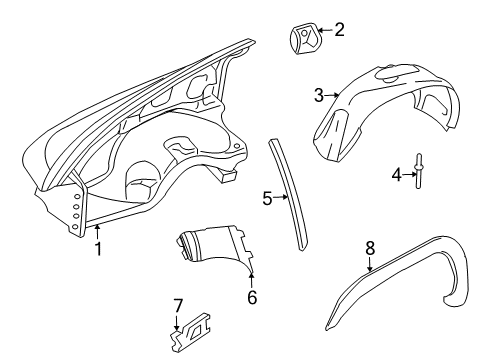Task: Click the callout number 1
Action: pyautogui.click(x=98, y=250)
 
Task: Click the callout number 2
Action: pyautogui.click(x=339, y=30)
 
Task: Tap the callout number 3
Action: pyautogui.click(x=319, y=96)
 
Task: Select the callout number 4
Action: pyautogui.click(x=396, y=175)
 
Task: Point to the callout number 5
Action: pyautogui.click(x=267, y=198)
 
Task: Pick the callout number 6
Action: pyautogui.click(x=251, y=296)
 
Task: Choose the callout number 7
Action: pyautogui.click(x=178, y=304)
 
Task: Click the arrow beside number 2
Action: pyautogui.click(x=325, y=31)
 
